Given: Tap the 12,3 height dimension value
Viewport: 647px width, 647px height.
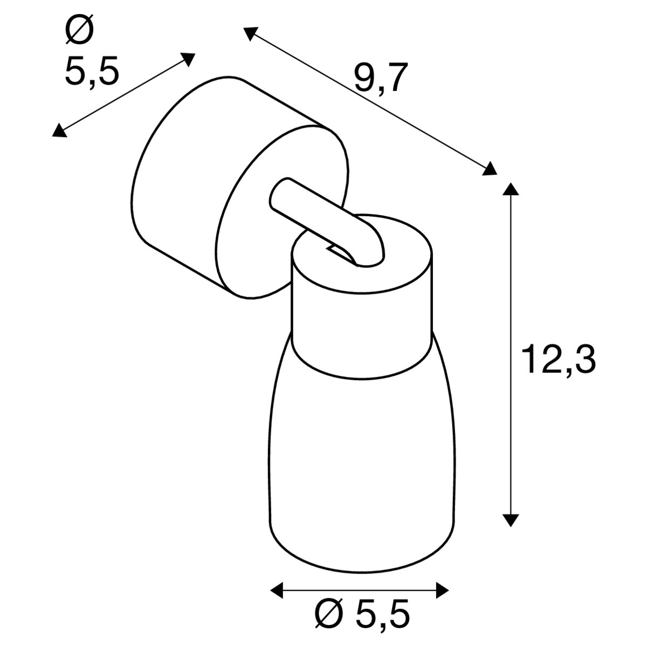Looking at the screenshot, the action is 559,360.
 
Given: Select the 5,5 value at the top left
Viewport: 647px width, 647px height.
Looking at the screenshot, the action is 92,71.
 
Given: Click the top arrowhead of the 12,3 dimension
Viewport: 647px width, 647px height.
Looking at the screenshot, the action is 511,190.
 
